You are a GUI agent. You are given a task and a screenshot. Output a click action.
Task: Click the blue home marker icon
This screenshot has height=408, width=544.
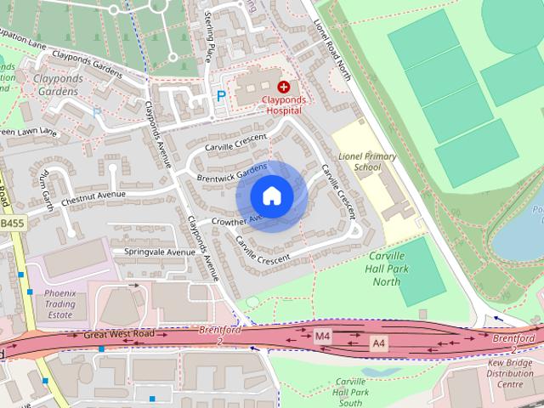click(271, 196)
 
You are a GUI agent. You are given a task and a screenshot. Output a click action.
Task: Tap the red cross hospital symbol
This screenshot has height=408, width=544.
click(283, 86)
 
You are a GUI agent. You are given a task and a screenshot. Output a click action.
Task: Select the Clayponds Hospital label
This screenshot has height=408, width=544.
click(284, 105)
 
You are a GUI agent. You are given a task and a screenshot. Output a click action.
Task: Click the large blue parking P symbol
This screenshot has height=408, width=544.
click(221, 97)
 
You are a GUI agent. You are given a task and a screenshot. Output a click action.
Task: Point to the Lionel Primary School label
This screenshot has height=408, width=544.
click(366, 161)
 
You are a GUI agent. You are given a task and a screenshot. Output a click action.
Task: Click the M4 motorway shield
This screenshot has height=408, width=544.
click(323, 337)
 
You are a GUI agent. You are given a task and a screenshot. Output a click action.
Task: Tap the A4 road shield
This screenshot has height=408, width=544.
click(380, 342)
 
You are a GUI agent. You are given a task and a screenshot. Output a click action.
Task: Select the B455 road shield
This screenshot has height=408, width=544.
click(11, 223)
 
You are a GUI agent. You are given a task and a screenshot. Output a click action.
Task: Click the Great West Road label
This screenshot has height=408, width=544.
click(119, 334)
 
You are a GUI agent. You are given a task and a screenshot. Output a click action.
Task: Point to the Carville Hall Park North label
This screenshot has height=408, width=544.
click(386, 269)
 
